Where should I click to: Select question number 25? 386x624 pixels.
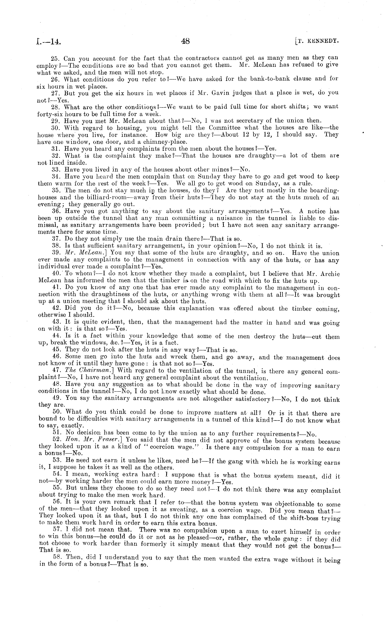click(55, 58)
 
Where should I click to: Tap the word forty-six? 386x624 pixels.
click(50, 114)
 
